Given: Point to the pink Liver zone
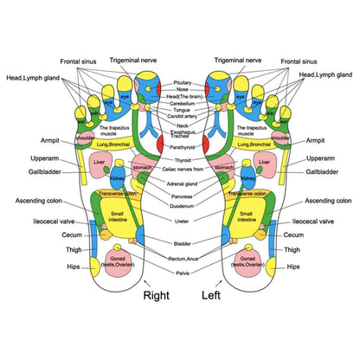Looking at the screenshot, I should [x=100, y=161].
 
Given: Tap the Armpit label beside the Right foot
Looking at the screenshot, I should [x=49, y=139].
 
